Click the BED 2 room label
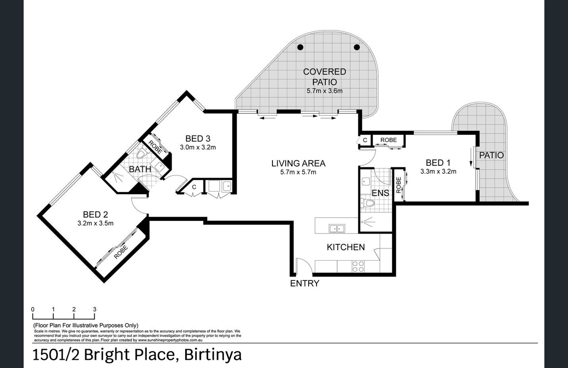pyautogui.click(x=95, y=215)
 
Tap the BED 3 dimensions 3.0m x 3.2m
pyautogui.click(x=198, y=147)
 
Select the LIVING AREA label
pyautogui.click(x=298, y=163)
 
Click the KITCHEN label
pyautogui.click(x=345, y=247)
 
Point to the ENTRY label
pyautogui.click(x=305, y=284)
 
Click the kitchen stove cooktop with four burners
pyautogui.click(x=358, y=266)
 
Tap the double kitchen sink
pyautogui.click(x=337, y=228)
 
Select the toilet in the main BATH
pyautogui.click(x=142, y=153)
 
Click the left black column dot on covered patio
pyautogui.click(x=300, y=47)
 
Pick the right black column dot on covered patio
pyautogui.click(x=357, y=47)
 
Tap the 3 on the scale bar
pyautogui.click(x=94, y=309)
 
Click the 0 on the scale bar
pyautogui.click(x=33, y=309)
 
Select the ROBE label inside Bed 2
pyautogui.click(x=121, y=252)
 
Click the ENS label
pyautogui.click(x=380, y=193)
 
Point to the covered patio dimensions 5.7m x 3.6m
pyautogui.click(x=324, y=91)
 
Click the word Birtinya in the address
pyautogui.click(x=213, y=355)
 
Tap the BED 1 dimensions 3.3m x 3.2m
pyautogui.click(x=438, y=171)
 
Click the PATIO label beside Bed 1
pyautogui.click(x=491, y=155)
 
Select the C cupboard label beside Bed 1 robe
pyautogui.click(x=365, y=140)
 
